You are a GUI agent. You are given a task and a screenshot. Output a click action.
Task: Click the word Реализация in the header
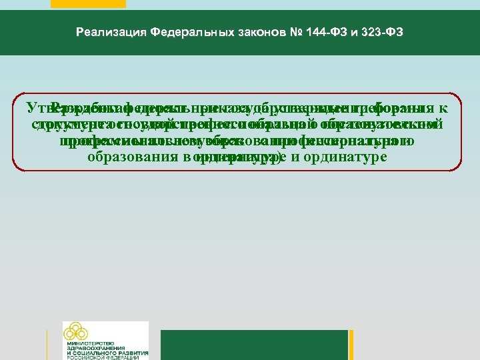tap(111, 31)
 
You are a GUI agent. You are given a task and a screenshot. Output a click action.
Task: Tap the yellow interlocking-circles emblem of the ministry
tap(75, 332)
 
